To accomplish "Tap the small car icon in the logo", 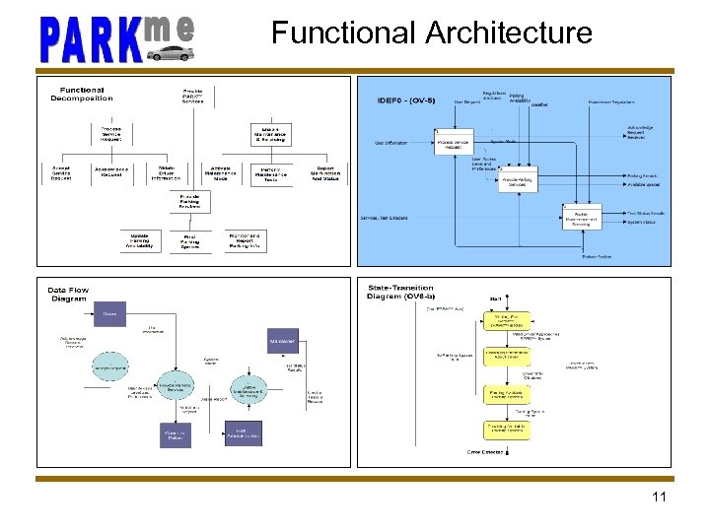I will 170,52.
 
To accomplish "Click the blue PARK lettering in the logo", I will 88,39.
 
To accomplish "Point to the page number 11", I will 660,497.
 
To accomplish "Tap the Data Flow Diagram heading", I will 68,295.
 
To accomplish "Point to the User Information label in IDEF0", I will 390,143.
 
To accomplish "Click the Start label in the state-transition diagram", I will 496,299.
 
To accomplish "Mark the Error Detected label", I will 485,452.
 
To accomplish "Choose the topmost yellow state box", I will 509,322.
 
